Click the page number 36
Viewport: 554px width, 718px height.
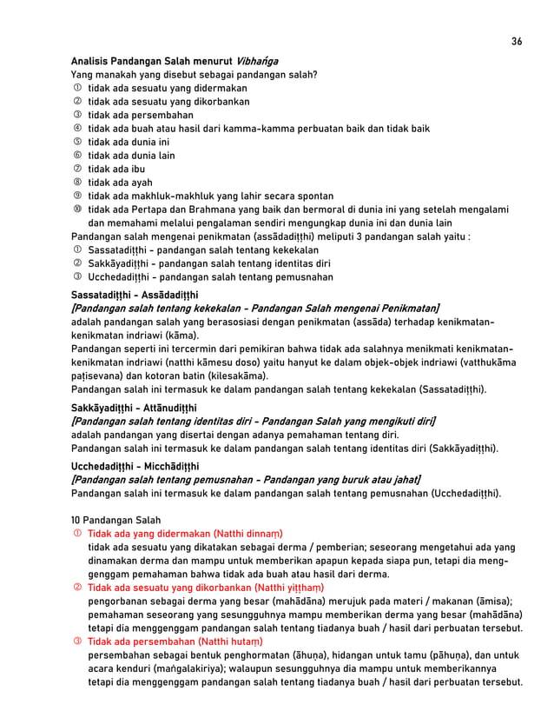click(517, 42)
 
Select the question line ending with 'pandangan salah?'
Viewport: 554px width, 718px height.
click(194, 75)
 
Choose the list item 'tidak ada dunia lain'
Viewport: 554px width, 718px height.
click(131, 156)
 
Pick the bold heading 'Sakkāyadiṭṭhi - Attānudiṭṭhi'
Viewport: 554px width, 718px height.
click(135, 407)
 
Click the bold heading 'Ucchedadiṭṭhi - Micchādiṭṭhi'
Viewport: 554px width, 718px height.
click(135, 466)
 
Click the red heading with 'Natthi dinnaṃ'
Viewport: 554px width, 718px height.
click(191, 534)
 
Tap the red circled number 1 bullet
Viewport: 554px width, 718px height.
click(76, 534)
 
